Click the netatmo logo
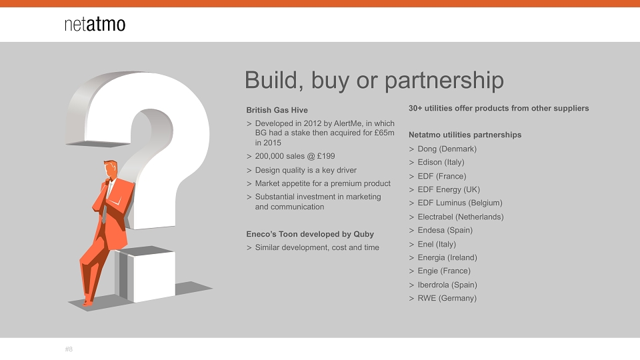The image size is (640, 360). click(x=95, y=24)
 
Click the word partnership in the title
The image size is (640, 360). click(x=444, y=81)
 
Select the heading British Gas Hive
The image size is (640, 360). click(x=277, y=110)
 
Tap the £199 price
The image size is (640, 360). click(x=326, y=156)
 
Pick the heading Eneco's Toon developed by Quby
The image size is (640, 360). click(x=310, y=234)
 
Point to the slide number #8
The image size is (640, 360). click(x=69, y=349)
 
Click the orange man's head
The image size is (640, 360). click(x=110, y=169)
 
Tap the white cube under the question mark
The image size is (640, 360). click(x=145, y=273)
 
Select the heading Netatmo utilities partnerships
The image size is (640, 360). click(x=465, y=135)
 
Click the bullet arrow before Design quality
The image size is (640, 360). click(x=249, y=171)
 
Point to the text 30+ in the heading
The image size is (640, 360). click(x=415, y=108)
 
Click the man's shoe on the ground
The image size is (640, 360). click(x=87, y=303)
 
